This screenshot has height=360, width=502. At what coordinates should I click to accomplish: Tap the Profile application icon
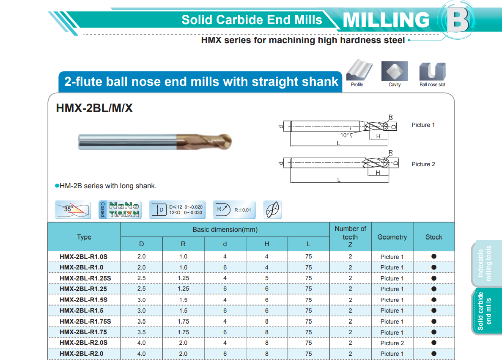pyautogui.click(x=359, y=70)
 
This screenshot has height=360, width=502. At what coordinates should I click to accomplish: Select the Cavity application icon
pyautogui.click(x=395, y=71)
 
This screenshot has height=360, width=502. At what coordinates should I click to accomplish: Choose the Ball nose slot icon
pyautogui.click(x=432, y=71)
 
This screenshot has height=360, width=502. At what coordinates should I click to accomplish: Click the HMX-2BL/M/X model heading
pyautogui.click(x=94, y=108)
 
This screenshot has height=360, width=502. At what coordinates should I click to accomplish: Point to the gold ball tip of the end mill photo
pyautogui.click(x=225, y=142)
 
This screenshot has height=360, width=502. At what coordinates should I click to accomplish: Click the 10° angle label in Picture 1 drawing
pyautogui.click(x=345, y=135)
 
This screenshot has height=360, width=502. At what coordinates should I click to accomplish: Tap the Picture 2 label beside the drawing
pyautogui.click(x=423, y=164)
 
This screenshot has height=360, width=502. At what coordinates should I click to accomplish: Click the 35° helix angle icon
pyautogui.click(x=73, y=210)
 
